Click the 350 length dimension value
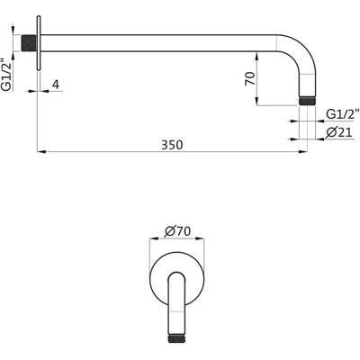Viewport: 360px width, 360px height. (172, 145)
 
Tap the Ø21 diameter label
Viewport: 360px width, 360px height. (339, 132)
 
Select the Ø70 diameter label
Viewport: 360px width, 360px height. (177, 231)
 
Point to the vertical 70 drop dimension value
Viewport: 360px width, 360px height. (250, 78)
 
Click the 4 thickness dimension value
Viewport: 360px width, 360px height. (56, 85)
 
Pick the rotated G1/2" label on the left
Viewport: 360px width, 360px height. (6, 74)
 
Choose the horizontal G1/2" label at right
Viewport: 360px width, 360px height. (342, 114)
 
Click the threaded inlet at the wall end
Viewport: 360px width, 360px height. (29, 43)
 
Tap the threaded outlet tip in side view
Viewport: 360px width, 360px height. (307, 101)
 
